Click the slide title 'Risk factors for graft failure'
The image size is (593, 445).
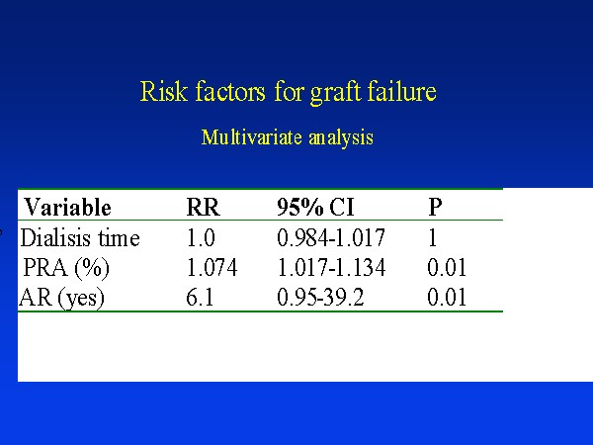(x=289, y=92)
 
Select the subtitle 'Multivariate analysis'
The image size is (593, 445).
(x=288, y=137)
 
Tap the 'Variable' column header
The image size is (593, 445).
(x=67, y=207)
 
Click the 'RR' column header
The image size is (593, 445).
(x=203, y=207)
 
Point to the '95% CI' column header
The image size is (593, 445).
(x=315, y=207)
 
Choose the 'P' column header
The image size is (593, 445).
(x=435, y=207)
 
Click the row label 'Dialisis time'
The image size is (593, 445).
(x=80, y=238)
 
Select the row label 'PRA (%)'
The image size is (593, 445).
(x=66, y=268)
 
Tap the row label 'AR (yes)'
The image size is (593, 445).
(x=61, y=298)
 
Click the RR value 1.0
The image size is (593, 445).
(x=201, y=238)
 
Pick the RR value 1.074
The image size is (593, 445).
(x=212, y=268)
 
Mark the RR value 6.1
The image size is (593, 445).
(x=200, y=297)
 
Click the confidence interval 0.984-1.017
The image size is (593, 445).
(x=331, y=238)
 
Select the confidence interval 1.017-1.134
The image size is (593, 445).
(x=331, y=268)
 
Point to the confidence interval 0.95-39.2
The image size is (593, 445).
(x=320, y=297)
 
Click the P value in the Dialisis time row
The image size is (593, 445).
(x=433, y=238)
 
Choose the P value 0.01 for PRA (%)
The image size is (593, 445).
(x=447, y=268)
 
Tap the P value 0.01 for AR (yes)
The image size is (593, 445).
(x=447, y=297)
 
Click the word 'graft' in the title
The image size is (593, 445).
(x=335, y=93)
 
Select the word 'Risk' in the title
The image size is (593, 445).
(x=164, y=91)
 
